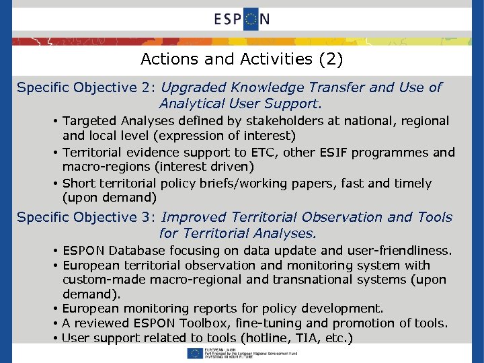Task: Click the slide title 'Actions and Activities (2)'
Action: tap(242, 60)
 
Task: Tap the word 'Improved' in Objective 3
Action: tap(193, 218)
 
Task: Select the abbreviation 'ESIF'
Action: tap(316, 153)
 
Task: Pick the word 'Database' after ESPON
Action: tap(137, 251)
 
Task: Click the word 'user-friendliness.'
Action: tap(397, 251)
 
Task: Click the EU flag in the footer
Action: tap(196, 353)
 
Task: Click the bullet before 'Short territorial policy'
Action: tap(56, 184)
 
